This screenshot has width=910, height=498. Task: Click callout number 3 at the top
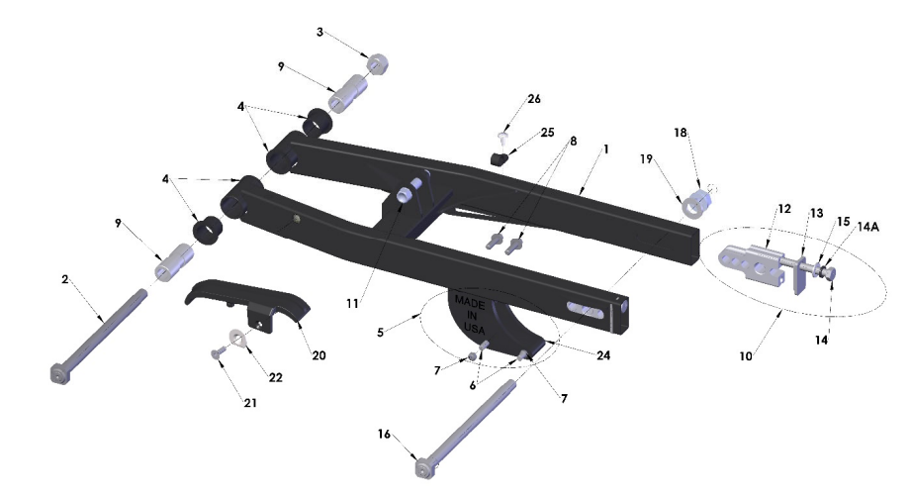[319, 32]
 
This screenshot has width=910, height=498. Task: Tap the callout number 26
[534, 99]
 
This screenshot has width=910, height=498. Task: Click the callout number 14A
[867, 227]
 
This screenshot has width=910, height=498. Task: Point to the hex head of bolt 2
[60, 372]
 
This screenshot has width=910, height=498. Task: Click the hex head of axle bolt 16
[425, 467]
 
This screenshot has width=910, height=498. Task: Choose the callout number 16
[384, 434]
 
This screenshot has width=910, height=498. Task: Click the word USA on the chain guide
[474, 329]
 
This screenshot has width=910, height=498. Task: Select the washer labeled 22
[237, 337]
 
